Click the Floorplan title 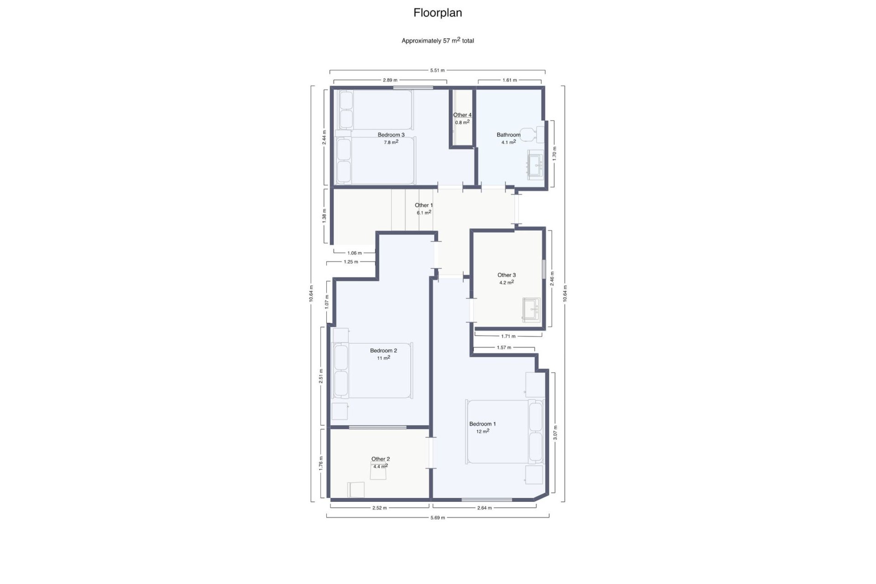click(438, 13)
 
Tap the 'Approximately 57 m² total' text click(438, 41)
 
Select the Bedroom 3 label click(391, 135)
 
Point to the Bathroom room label click(508, 135)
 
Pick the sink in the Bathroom click(535, 164)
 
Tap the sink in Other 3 click(532, 310)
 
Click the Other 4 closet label click(462, 115)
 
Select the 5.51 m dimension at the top click(437, 70)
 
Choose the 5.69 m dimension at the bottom click(438, 517)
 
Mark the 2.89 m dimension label click(390, 80)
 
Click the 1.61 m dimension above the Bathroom click(510, 80)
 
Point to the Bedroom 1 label click(482, 424)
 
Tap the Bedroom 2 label click(383, 350)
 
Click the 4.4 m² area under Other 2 click(380, 466)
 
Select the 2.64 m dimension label click(484, 508)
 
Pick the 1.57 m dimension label click(504, 348)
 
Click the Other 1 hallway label click(423, 205)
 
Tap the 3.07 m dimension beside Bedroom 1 click(555, 433)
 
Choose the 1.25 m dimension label click(351, 262)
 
